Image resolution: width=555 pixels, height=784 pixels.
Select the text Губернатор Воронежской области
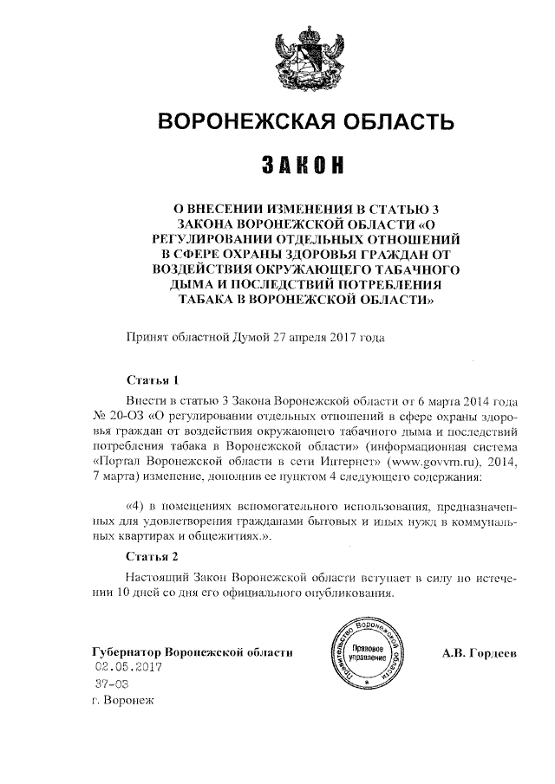click(x=193, y=651)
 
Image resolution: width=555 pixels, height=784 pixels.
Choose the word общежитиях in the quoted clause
click(x=220, y=537)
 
